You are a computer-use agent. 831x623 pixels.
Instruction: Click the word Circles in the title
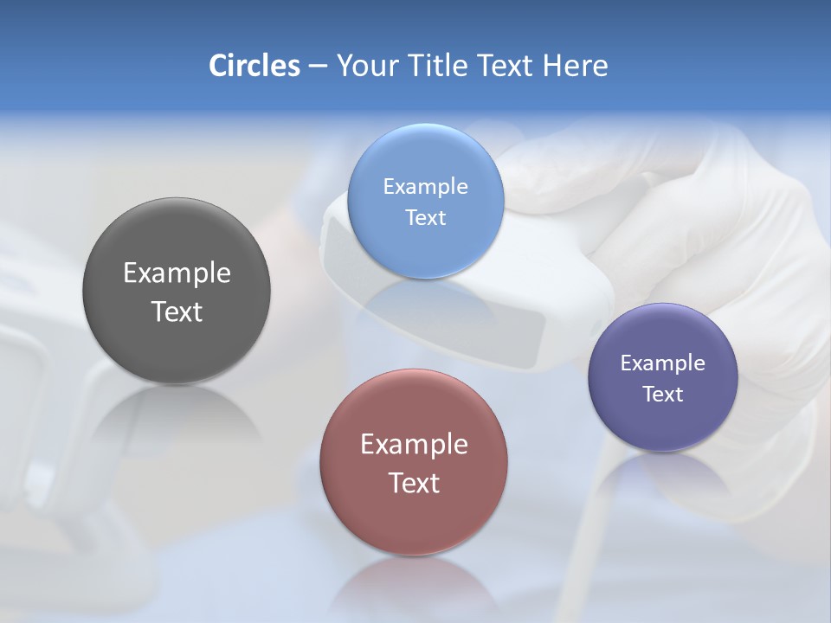[254, 66]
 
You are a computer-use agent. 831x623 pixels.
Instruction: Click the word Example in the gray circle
[177, 273]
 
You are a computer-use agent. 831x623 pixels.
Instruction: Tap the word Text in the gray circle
[177, 312]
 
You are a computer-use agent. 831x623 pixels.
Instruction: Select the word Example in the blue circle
[425, 187]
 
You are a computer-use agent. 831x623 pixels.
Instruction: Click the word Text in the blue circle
[425, 218]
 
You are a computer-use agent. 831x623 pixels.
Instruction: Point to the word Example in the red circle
[414, 445]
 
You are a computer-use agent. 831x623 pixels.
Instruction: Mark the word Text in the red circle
[414, 484]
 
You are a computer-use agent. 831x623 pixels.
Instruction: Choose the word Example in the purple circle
[663, 363]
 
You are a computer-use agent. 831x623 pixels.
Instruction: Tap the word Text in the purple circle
[663, 395]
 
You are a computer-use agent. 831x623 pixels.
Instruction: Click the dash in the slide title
[318, 67]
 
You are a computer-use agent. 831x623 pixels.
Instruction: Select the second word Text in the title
[507, 66]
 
